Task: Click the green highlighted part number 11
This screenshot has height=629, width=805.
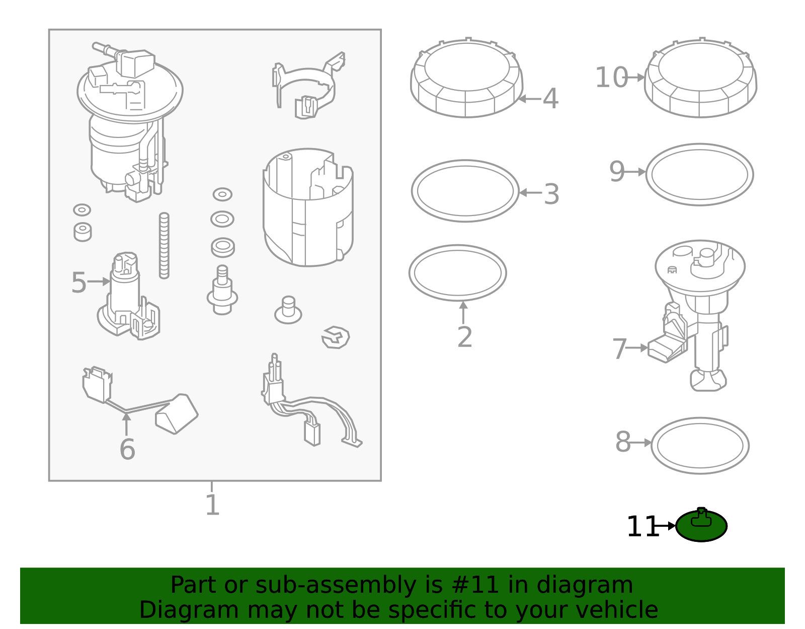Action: (701, 526)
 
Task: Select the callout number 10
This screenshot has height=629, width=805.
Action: (611, 78)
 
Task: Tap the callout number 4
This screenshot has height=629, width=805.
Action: (550, 99)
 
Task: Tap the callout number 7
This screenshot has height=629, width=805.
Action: (619, 348)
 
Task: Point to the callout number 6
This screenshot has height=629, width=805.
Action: (127, 449)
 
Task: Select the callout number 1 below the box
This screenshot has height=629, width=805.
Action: (212, 505)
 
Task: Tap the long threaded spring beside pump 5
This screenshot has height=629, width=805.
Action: (164, 245)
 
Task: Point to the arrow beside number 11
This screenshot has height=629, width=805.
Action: (666, 526)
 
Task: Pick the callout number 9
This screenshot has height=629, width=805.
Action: (617, 172)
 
